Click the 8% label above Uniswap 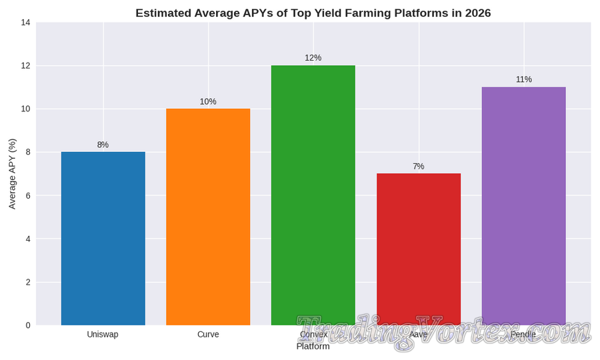pyautogui.click(x=103, y=145)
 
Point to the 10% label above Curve pyautogui.click(x=208, y=101)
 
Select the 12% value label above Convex pyautogui.click(x=313, y=58)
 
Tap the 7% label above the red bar pyautogui.click(x=418, y=166)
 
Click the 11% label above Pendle pyautogui.click(x=523, y=79)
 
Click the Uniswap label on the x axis pyautogui.click(x=103, y=334)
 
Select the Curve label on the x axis pyautogui.click(x=208, y=334)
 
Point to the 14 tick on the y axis pyautogui.click(x=25, y=23)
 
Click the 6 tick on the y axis pyautogui.click(x=28, y=195)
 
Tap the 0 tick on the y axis pyautogui.click(x=28, y=325)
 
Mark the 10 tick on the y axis pyautogui.click(x=25, y=109)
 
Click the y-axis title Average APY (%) pyautogui.click(x=12, y=174)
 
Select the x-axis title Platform pyautogui.click(x=313, y=347)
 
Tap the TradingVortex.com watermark pyautogui.click(x=443, y=331)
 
